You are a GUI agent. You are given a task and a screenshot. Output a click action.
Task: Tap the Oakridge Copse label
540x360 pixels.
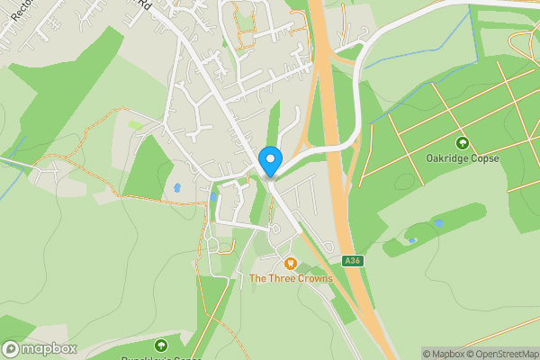pyautogui.click(x=463, y=158)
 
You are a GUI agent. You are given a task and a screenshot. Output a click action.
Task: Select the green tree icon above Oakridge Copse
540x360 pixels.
pyautogui.click(x=463, y=143)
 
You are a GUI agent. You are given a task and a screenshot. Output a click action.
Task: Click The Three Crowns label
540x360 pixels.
pyautogui.click(x=291, y=278)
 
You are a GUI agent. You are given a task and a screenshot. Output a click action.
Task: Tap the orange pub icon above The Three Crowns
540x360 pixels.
pyautogui.click(x=290, y=263)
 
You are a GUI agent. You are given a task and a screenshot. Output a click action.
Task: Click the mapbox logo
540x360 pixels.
pyautogui.click(x=40, y=348)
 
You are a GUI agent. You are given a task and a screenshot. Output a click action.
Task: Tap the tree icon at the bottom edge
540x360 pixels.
pyautogui.click(x=161, y=346)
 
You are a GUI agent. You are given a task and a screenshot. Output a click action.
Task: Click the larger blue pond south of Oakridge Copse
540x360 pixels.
pyautogui.click(x=438, y=223)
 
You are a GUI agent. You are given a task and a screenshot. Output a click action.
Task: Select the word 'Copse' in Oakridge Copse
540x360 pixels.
pyautogui.click(x=484, y=158)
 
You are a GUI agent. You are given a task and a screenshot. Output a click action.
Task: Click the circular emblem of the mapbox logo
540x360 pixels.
pyautogui.click(x=11, y=348)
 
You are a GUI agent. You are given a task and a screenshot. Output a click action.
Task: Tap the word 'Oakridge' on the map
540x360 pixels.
pyautogui.click(x=447, y=158)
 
